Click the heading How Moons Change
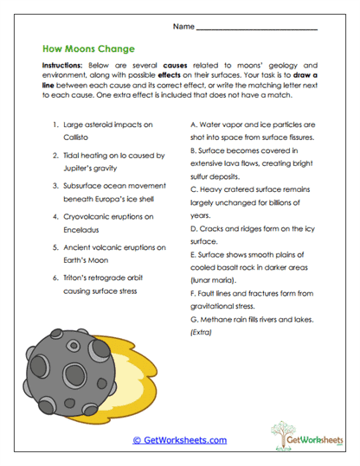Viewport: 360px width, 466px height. [x=84, y=50]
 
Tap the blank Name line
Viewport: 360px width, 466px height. [x=258, y=29]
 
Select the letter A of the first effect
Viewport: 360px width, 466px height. [x=192, y=124]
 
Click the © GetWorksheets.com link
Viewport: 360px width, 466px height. [x=179, y=439]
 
